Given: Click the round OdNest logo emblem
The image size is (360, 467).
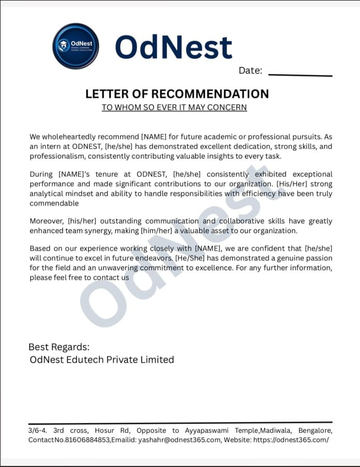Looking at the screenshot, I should [x=76, y=46].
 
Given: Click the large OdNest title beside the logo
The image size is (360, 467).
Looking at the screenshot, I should [x=173, y=47].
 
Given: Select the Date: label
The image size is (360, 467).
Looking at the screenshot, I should [x=250, y=71].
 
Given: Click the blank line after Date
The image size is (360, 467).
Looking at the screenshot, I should [x=301, y=76].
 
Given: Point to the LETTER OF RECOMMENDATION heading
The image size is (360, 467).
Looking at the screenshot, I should [x=177, y=94].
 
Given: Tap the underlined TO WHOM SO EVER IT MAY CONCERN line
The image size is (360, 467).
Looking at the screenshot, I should [x=174, y=108].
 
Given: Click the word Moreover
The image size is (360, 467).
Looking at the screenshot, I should [x=47, y=221].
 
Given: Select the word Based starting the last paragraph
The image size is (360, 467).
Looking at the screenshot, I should [x=40, y=249].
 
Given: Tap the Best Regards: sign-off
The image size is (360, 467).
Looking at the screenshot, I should [x=58, y=347].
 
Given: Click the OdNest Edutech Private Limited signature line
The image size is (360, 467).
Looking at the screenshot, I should [x=102, y=359].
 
